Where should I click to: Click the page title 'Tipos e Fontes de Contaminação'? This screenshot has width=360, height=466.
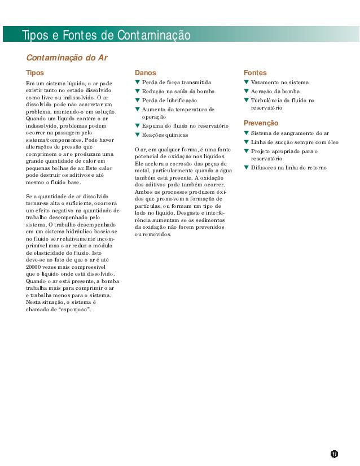(x=106, y=36)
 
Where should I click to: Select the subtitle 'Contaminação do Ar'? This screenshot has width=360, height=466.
(x=67, y=58)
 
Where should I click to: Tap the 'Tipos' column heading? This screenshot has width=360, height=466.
(x=34, y=73)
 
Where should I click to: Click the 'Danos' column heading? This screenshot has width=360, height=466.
(x=146, y=73)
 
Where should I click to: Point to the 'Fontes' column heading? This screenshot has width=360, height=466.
(x=255, y=73)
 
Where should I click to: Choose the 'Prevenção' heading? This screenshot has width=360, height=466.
(x=261, y=123)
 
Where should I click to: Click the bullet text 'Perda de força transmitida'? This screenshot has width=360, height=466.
(x=177, y=82)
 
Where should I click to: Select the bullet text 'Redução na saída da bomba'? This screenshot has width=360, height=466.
(x=178, y=92)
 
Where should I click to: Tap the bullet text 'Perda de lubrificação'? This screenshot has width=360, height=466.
(x=169, y=101)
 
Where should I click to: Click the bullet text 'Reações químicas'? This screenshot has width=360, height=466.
(x=165, y=135)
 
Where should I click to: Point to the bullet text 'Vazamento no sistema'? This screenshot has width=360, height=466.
(x=279, y=82)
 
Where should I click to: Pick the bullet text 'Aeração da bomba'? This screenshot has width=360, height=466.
(x=275, y=92)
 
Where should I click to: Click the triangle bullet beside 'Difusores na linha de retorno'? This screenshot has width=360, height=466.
(x=246, y=167)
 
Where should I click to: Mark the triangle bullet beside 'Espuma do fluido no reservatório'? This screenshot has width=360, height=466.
(x=137, y=125)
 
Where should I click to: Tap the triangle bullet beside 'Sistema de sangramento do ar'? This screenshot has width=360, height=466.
(x=246, y=133)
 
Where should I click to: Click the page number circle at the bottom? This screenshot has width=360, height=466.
(x=334, y=454)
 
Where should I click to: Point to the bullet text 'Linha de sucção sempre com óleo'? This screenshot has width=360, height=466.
(x=295, y=142)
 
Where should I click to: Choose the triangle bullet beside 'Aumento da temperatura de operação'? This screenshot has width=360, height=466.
(x=137, y=109)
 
